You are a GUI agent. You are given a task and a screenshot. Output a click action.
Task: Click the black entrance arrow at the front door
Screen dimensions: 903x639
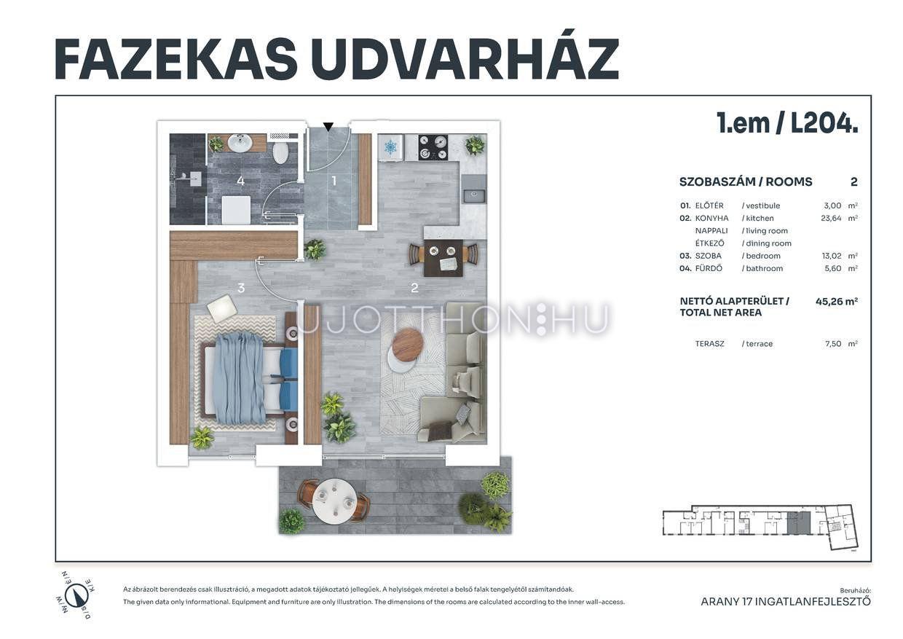click(328, 127)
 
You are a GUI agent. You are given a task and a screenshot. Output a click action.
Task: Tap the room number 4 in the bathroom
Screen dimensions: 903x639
click(240, 181)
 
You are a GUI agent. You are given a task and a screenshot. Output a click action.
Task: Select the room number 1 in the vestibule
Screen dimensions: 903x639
click(334, 181)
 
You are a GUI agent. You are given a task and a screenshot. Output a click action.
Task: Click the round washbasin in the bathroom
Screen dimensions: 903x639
click(240, 142)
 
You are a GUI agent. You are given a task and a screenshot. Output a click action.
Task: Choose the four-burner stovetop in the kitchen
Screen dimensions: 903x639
click(433, 147)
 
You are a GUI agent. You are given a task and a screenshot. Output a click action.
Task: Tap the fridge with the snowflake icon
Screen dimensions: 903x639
click(390, 147)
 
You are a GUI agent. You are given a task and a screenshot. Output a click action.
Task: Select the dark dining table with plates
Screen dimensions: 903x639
click(443, 258)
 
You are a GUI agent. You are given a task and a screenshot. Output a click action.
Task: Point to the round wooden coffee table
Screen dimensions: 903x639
click(408, 344)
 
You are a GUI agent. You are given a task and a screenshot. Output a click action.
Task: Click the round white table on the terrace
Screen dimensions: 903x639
click(334, 501)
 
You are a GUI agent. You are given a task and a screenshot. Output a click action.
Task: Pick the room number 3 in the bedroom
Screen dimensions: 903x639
click(241, 288)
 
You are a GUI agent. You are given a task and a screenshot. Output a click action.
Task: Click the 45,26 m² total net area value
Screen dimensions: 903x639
click(837, 302)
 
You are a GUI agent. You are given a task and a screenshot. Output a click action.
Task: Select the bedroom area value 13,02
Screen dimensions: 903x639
click(832, 256)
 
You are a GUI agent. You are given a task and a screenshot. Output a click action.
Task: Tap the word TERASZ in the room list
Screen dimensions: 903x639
click(709, 344)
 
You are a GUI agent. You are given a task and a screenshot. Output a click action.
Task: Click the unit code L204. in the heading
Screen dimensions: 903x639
click(824, 123)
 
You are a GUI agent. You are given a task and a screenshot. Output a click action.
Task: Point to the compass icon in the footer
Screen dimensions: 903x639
click(74, 595)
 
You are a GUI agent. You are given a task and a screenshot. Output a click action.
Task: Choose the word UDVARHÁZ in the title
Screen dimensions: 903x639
click(465, 59)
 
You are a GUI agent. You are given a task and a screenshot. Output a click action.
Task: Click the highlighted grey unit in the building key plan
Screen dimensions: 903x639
click(799, 522)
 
